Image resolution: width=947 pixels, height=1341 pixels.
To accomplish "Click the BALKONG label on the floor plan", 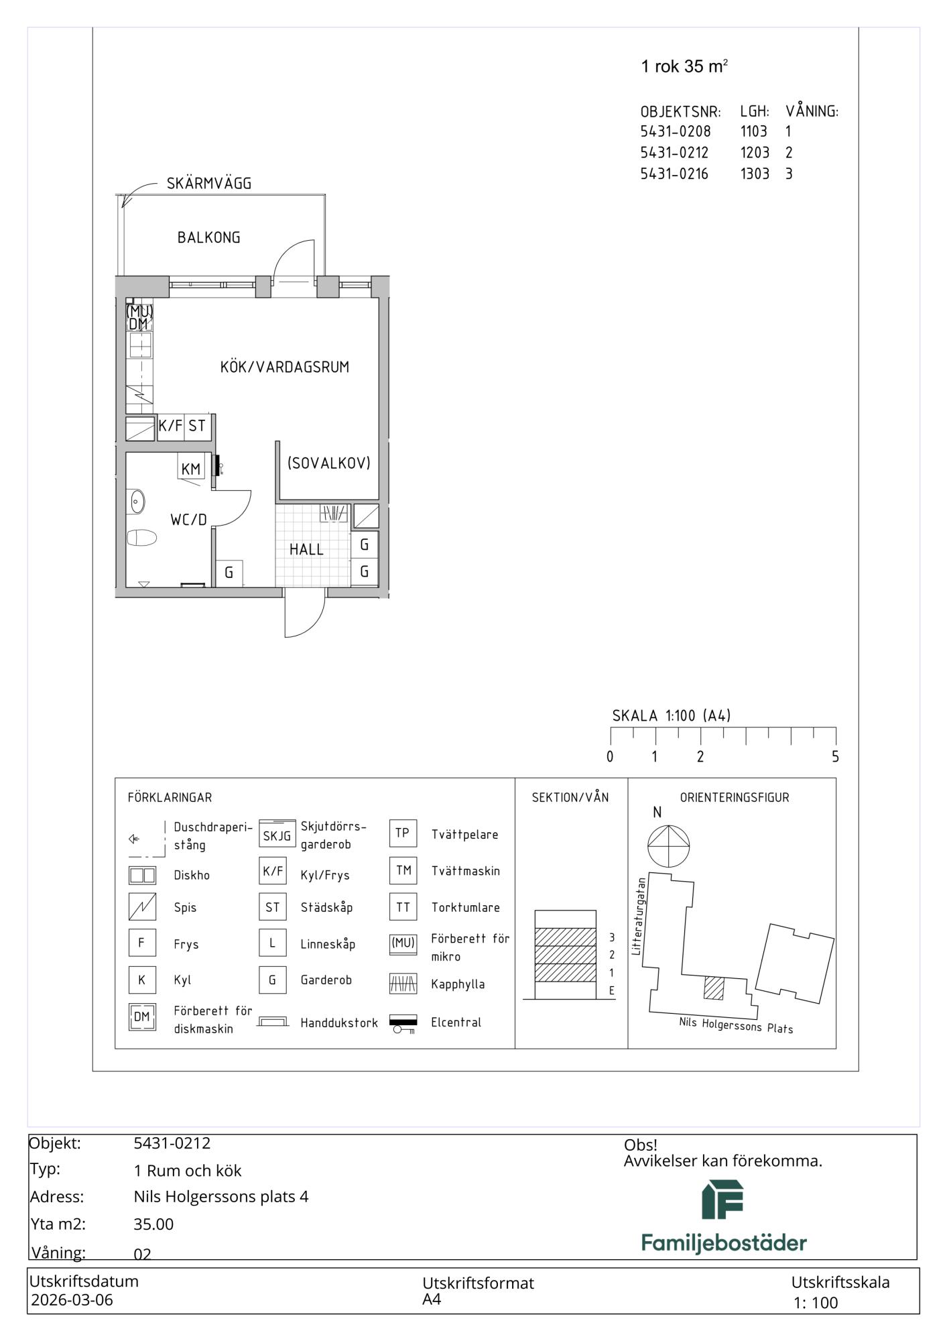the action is tap(208, 237).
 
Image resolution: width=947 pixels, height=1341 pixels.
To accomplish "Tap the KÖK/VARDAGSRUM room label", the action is tap(285, 367).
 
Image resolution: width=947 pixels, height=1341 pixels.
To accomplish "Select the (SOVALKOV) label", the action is tap(328, 463).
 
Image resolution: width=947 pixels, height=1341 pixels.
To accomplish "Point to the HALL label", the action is tap(306, 549).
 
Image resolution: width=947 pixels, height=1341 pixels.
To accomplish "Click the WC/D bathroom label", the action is tap(189, 520).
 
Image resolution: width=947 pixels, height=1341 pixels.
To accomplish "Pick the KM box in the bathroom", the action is tap(191, 469).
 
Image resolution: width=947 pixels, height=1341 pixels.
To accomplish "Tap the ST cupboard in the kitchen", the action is tap(197, 426).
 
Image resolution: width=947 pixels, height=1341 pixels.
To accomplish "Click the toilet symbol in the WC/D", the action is tap(141, 537).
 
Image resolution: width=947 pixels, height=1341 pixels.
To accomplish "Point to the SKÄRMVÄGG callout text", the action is tap(209, 183).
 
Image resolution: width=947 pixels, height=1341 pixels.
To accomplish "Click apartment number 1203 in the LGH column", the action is tap(755, 152).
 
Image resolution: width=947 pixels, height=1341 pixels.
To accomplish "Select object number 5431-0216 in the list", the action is tap(674, 174).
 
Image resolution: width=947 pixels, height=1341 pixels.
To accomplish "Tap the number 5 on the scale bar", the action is tap(835, 756).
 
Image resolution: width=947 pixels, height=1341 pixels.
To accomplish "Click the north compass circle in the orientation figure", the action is tap(669, 846).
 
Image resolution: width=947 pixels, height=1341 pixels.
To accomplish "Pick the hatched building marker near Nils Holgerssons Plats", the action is tap(714, 988).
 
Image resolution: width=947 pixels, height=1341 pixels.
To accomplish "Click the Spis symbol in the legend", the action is tap(142, 907).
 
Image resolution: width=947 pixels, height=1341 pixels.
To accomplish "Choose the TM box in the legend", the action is tap(403, 870).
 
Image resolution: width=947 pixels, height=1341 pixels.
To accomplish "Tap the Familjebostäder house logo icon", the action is tap(722, 1200).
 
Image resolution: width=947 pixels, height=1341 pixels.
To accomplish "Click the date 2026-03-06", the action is tap(72, 1300).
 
